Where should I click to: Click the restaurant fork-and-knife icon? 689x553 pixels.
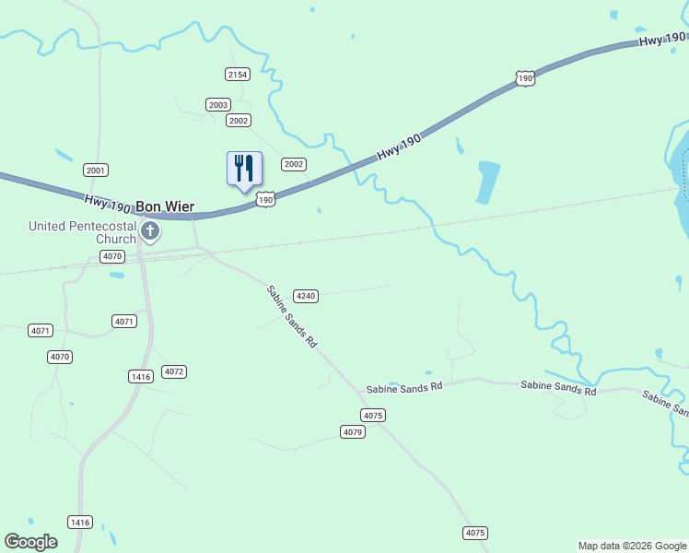pyautogui.click(x=244, y=169)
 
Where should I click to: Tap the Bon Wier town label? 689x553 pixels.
pyautogui.click(x=165, y=206)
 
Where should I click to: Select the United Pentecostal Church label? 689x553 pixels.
pyautogui.click(x=82, y=232)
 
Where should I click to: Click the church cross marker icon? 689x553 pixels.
pyautogui.click(x=150, y=230)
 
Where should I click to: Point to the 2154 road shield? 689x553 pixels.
pyautogui.click(x=238, y=74)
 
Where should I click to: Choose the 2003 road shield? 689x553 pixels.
pyautogui.click(x=218, y=105)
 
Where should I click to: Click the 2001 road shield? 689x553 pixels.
pyautogui.click(x=96, y=170)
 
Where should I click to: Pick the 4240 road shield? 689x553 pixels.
pyautogui.click(x=306, y=296)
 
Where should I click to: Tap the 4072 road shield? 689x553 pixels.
pyautogui.click(x=174, y=371)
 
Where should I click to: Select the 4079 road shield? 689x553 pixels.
pyautogui.click(x=353, y=432)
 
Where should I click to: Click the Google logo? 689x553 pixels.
pyautogui.click(x=30, y=542)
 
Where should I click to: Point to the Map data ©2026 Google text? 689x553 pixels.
pyautogui.click(x=633, y=546)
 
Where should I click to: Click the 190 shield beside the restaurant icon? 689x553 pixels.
pyautogui.click(x=265, y=200)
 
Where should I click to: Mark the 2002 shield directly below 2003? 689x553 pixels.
pyautogui.click(x=239, y=121)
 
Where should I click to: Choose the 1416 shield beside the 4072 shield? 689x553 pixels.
pyautogui.click(x=141, y=377)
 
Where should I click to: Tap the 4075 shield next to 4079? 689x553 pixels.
pyautogui.click(x=373, y=416)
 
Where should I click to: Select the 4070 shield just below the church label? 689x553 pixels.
pyautogui.click(x=112, y=256)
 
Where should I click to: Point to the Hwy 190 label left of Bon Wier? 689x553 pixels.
pyautogui.click(x=107, y=201)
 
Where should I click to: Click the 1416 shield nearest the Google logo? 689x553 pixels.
pyautogui.click(x=81, y=523)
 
